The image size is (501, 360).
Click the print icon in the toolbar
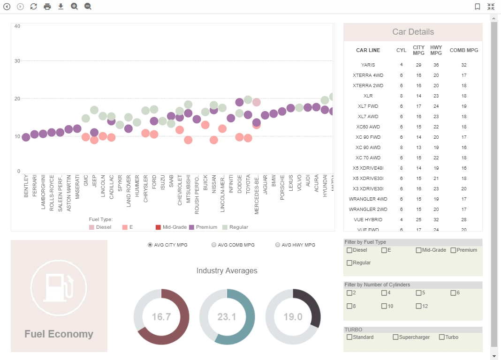pos(47,7)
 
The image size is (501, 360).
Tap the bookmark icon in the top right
pos(477,7)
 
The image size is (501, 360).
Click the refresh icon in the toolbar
pos(34,7)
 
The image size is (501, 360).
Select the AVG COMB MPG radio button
pos(214,245)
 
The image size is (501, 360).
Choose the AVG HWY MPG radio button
pos(278,245)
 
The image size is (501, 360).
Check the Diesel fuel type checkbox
pos(349,250)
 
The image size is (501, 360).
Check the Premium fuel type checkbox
pos(454,250)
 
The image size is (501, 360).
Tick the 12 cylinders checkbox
pos(419,306)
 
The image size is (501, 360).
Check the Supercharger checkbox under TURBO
pos(396,337)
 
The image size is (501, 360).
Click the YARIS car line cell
pos(368,65)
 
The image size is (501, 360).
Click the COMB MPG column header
pos(463,50)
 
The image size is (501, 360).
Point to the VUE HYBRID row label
pos(368,219)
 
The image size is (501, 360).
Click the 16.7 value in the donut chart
pos(161,317)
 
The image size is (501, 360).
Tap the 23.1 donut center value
pos(227,317)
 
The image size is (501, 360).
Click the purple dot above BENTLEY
pos(26,137)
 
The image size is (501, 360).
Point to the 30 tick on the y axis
pos(17,61)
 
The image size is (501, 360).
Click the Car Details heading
pos(413,32)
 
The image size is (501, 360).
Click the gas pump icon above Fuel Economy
pos(59,285)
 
